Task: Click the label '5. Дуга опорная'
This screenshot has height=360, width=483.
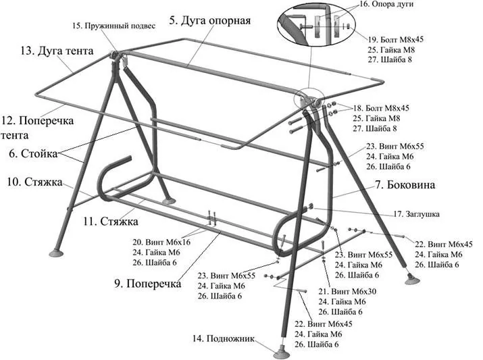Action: (210, 21)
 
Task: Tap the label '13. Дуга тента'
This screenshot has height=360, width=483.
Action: (57, 51)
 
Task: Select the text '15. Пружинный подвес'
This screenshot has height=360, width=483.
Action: (114, 26)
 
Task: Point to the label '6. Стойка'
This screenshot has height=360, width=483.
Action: (33, 153)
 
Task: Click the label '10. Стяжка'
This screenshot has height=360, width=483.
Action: (34, 182)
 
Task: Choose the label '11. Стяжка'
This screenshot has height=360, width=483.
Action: (111, 221)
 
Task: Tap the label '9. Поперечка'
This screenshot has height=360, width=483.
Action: (148, 283)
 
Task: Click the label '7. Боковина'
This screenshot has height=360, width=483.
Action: (405, 185)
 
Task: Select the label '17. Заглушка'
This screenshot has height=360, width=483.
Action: (417, 214)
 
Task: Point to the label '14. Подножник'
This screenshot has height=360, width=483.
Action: (224, 339)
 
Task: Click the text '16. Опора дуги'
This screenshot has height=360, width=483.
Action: (386, 4)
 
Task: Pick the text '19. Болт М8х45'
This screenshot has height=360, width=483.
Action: (396, 39)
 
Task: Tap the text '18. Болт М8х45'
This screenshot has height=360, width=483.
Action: (381, 108)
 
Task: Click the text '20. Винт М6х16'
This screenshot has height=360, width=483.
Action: (161, 242)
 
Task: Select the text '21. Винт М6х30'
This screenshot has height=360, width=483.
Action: (347, 291)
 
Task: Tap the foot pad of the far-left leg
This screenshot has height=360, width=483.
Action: (56, 253)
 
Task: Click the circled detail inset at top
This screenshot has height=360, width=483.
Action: (316, 24)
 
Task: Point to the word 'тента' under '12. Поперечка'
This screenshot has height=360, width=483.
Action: (14, 135)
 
